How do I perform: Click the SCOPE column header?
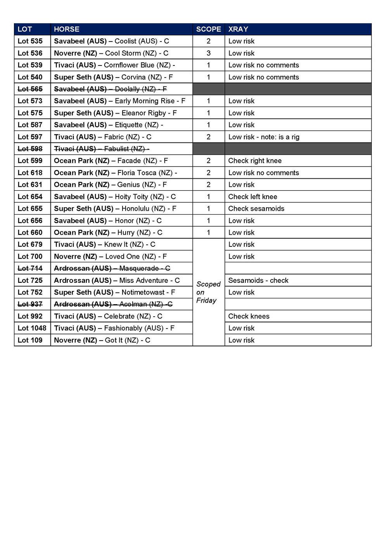coord(208,29)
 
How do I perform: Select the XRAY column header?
coord(238,29)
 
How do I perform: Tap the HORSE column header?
coord(66,29)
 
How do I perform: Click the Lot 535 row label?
coord(30,41)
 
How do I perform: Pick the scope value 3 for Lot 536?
coord(209,53)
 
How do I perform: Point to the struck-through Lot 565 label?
coord(30,89)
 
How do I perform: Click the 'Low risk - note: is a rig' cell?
coord(264,137)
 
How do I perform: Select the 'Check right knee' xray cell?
coord(255,161)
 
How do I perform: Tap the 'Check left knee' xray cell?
coord(252,197)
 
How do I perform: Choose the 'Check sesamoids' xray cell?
coord(256,208)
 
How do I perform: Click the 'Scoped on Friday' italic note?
coord(208,292)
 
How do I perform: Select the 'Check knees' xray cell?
coord(249,316)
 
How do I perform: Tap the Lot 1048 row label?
coord(32,328)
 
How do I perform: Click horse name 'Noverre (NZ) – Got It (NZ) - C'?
coord(102,340)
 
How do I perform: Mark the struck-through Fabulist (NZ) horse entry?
coord(102,149)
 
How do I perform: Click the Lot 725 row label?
coord(30,281)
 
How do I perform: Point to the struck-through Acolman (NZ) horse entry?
coord(113,304)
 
